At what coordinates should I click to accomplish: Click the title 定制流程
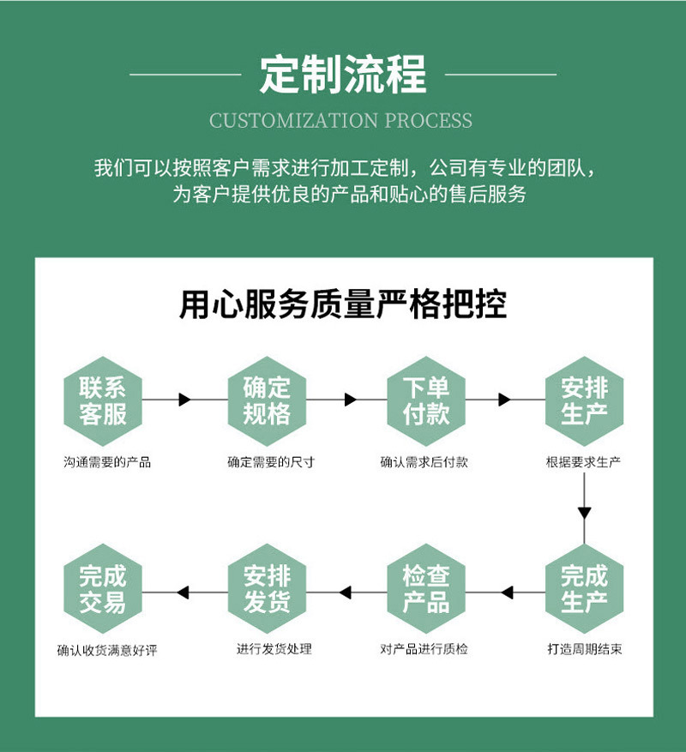coord(343,74)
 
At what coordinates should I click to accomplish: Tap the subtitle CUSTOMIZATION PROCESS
coord(341,120)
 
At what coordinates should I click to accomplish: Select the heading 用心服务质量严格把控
coord(343,304)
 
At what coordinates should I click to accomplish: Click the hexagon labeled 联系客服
coord(103,400)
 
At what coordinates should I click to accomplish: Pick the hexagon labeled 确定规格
coord(267,400)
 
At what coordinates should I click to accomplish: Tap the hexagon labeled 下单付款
coord(425,400)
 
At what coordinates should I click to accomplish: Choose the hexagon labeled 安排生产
coord(584,400)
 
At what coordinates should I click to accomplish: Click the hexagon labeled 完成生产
coord(584,588)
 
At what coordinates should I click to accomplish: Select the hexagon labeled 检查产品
coord(425,588)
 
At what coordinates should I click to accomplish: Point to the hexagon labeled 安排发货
coord(267,588)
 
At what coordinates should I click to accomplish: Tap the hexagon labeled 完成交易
coord(103,588)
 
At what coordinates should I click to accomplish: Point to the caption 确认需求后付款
coord(424,462)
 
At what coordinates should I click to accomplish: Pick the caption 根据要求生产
coord(584,462)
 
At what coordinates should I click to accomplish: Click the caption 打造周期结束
coord(584,649)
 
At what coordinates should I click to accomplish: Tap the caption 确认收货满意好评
coord(107,650)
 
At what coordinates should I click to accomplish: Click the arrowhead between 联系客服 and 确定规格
coord(184,400)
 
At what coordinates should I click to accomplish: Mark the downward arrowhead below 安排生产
coord(584,514)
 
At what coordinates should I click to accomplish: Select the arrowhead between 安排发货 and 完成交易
coord(183,592)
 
